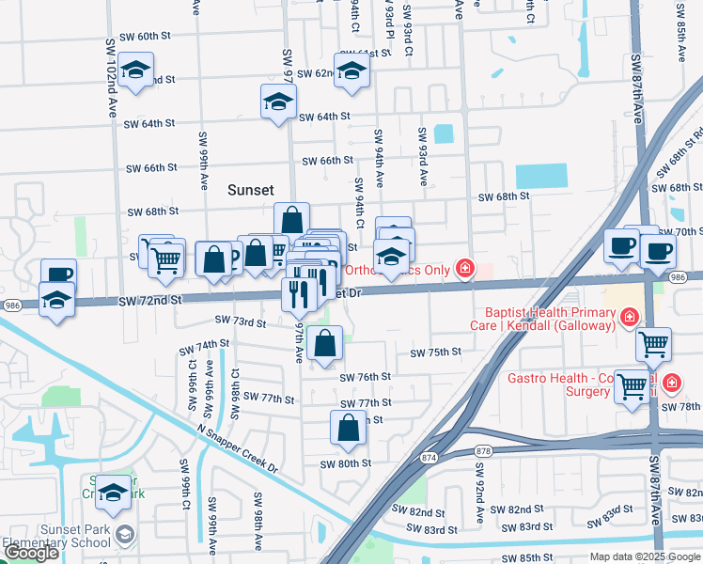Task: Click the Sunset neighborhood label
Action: pyautogui.click(x=251, y=190)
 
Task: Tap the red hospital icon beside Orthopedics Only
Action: pyautogui.click(x=464, y=270)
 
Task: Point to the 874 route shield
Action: pyautogui.click(x=430, y=457)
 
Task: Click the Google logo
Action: pyautogui.click(x=31, y=553)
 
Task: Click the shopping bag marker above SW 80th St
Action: pyautogui.click(x=348, y=428)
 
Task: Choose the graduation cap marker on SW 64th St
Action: pyautogui.click(x=278, y=102)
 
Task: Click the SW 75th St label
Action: pyautogui.click(x=435, y=352)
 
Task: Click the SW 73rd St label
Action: pyautogui.click(x=241, y=321)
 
